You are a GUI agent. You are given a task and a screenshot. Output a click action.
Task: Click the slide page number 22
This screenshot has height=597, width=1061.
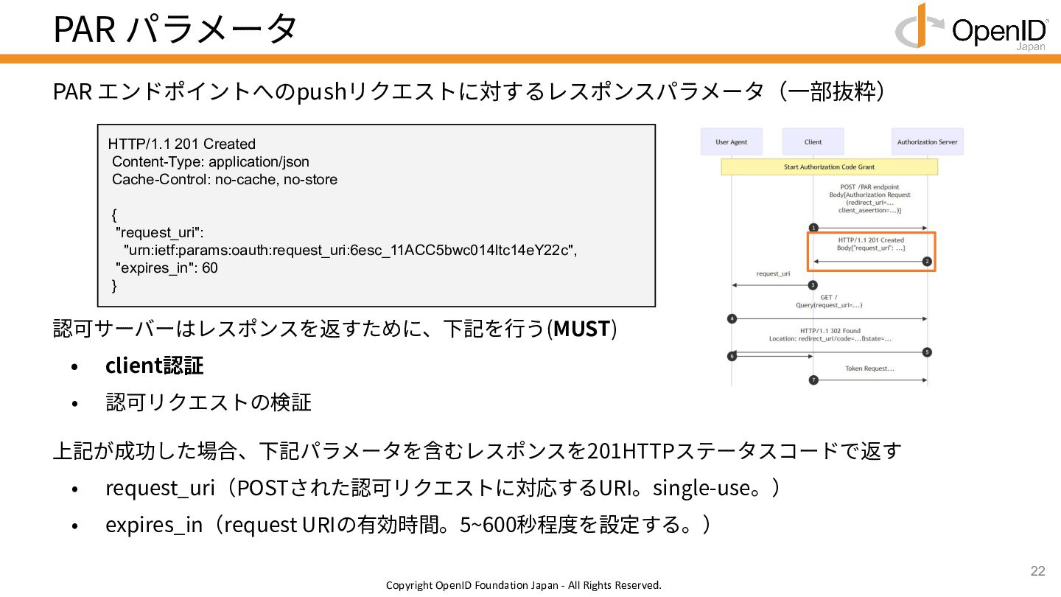[1037, 571]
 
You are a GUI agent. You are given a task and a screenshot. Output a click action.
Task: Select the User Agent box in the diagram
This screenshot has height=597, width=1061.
[732, 142]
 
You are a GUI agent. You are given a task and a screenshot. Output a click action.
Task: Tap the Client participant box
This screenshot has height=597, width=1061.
[813, 142]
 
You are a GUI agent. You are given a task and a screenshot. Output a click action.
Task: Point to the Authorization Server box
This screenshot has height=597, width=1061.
[927, 142]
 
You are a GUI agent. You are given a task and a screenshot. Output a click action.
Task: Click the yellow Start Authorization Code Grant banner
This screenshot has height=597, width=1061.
[829, 167]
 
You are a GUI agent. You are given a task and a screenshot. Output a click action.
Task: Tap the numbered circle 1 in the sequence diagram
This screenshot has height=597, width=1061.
[813, 228]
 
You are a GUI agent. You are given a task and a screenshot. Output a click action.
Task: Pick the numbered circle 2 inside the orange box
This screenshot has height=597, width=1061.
[927, 262]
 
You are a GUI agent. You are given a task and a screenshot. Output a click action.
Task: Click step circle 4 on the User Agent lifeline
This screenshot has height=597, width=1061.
[732, 318]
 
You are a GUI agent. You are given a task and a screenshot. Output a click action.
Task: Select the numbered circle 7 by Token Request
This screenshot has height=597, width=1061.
[813, 380]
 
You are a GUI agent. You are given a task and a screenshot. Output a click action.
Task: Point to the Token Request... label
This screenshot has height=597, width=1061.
[869, 369]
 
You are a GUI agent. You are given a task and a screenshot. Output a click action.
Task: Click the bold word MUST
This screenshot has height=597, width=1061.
[581, 329]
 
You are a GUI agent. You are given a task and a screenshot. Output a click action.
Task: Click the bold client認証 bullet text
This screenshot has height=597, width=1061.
[154, 366]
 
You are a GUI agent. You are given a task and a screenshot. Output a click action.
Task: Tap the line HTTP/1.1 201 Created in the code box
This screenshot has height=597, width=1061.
[182, 144]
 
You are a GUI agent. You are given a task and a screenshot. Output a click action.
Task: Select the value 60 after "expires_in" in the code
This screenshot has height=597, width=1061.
[210, 268]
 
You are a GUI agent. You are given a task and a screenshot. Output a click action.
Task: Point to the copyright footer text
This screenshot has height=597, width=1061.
[524, 585]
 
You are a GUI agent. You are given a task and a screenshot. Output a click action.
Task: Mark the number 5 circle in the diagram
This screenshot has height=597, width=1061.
[927, 352]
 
